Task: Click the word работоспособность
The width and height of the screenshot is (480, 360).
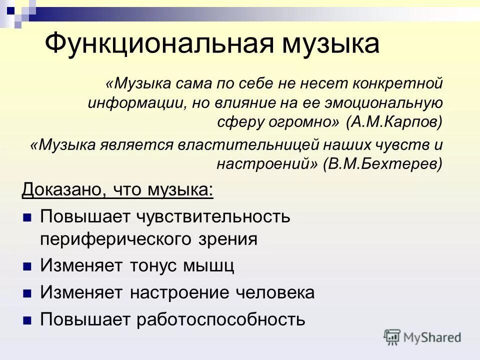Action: point(220,319)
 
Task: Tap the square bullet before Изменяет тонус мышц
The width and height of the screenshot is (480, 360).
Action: point(27,266)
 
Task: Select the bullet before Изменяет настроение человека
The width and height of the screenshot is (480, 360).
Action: point(27,293)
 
